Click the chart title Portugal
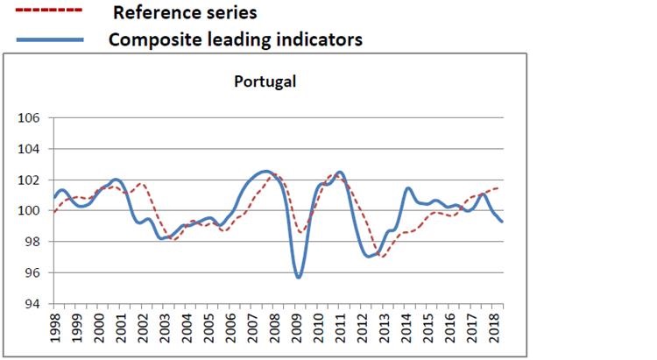pyautogui.click(x=266, y=82)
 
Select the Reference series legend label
pyautogui.click(x=185, y=13)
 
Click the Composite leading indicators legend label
pyautogui.click(x=235, y=40)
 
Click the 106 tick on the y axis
pyautogui.click(x=30, y=118)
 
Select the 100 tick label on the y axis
pyautogui.click(x=30, y=211)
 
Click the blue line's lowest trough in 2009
pyautogui.click(x=299, y=278)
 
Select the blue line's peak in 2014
pyautogui.click(x=408, y=188)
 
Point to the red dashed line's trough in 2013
pyautogui.click(x=383, y=257)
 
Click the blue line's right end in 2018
pyautogui.click(x=502, y=222)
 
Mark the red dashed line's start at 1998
pyautogui.click(x=54, y=212)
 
